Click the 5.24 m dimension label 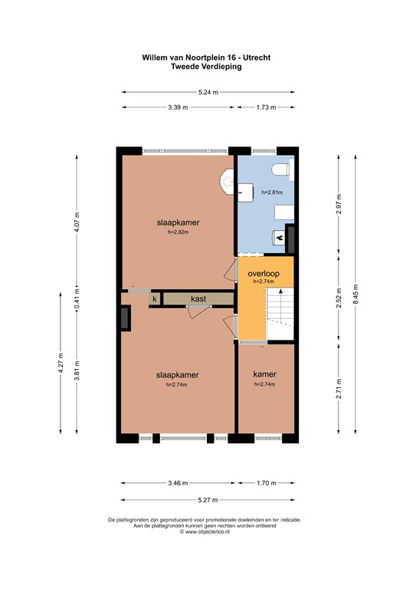pyautogui.click(x=208, y=92)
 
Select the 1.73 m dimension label pyautogui.click(x=266, y=108)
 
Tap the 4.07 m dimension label pyautogui.click(x=77, y=222)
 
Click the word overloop pyautogui.click(x=263, y=273)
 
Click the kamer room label pyautogui.click(x=265, y=375)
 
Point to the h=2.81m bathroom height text pyautogui.click(x=271, y=192)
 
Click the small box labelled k pyautogui.click(x=154, y=298)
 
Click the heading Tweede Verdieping pyautogui.click(x=207, y=67)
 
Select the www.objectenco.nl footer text pyautogui.click(x=207, y=531)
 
